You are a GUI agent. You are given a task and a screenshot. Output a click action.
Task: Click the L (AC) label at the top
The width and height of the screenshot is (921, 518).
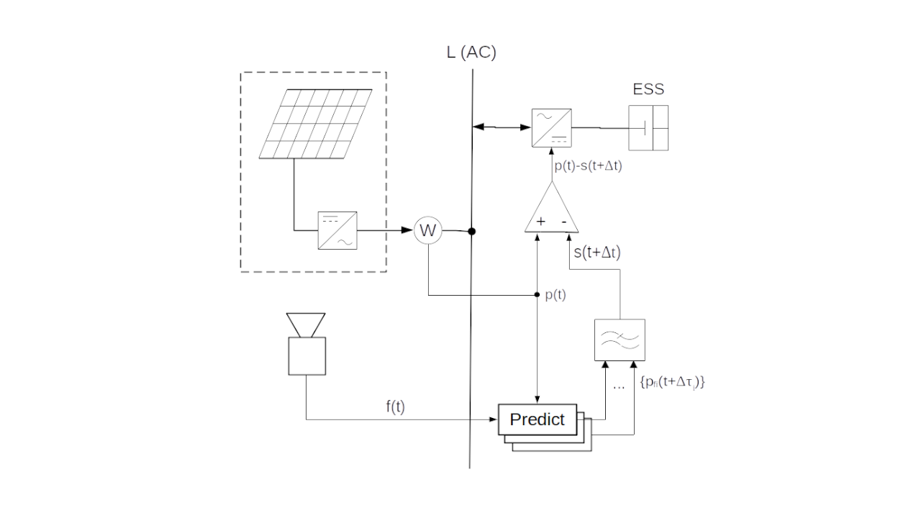tap(471, 53)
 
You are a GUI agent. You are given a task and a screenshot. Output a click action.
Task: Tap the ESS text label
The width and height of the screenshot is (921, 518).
tap(648, 90)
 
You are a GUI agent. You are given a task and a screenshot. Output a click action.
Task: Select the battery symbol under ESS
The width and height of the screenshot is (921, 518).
tap(648, 128)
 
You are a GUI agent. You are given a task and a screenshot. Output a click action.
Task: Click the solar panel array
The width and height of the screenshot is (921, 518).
tap(316, 123)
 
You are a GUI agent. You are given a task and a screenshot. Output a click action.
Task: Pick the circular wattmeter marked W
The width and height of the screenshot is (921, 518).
tap(428, 231)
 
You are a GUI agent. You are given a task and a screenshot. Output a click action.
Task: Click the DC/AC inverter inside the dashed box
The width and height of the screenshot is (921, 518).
tap(338, 231)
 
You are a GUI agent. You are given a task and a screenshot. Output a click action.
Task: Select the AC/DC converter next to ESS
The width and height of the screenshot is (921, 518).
tap(552, 127)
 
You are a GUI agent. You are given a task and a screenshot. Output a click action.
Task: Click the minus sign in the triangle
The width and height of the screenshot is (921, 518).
tap(564, 222)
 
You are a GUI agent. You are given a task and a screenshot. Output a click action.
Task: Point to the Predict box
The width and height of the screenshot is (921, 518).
tap(537, 419)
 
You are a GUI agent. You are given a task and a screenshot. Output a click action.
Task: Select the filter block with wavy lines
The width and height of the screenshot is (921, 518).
tap(619, 340)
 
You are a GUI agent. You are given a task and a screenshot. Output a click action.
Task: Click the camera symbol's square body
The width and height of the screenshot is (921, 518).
tap(307, 356)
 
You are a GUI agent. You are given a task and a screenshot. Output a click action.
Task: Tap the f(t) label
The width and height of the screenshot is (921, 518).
tap(395, 406)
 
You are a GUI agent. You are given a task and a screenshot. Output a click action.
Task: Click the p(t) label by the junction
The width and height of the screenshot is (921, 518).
tap(555, 295)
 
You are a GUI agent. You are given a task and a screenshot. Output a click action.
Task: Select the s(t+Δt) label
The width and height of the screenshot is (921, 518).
tap(597, 253)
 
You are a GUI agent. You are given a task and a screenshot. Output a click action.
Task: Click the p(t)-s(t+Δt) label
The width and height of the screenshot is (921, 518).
tap(588, 165)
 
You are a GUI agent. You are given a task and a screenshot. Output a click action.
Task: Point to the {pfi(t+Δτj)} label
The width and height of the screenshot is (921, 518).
tap(671, 383)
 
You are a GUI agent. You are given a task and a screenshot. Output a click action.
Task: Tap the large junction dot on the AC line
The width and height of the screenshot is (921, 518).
tap(472, 232)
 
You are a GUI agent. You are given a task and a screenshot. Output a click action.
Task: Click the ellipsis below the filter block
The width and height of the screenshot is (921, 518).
tap(618, 386)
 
